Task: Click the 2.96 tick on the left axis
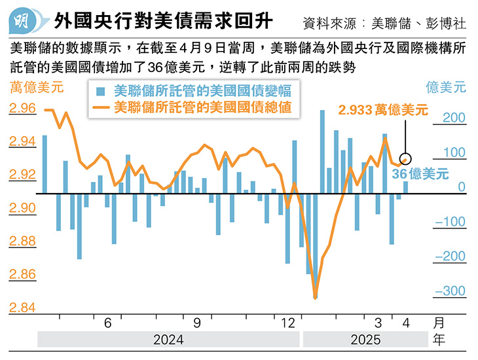pos(23,109)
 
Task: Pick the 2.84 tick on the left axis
pos(23,308)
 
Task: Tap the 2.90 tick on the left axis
pos(23,208)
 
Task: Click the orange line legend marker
pos(101,105)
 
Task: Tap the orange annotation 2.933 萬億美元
pos(382,110)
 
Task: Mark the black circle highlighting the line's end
pos(405,158)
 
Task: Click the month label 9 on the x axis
pos(196,323)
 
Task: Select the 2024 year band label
pos(168,340)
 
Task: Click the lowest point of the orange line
pos(316,298)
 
